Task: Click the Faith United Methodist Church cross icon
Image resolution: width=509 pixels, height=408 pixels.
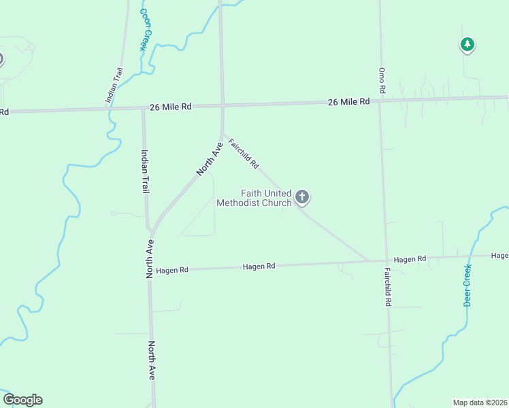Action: coord(303,197)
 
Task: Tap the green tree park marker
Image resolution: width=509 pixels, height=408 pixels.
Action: coord(467,45)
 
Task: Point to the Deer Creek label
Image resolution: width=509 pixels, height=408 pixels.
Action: coord(468,285)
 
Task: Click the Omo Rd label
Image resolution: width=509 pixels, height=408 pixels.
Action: coord(382,80)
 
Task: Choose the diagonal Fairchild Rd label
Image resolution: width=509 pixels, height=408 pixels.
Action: coord(244,154)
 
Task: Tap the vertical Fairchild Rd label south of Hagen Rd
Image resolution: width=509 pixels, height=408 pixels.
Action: coord(387,286)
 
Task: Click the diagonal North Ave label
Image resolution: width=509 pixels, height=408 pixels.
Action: coord(210,159)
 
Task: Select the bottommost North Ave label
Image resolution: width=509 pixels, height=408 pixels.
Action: coord(152,360)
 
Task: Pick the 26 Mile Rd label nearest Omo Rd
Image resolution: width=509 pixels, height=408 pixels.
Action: coord(348,101)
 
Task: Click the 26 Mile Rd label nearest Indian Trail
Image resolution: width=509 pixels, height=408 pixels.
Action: coord(171,107)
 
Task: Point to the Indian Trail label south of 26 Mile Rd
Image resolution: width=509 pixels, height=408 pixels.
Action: coord(144,171)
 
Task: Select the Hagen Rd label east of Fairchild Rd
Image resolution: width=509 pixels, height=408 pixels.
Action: coord(410,259)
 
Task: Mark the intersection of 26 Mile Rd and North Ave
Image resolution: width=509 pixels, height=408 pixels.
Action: coord(223,105)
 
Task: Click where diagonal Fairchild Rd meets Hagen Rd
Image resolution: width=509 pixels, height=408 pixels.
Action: coord(368,260)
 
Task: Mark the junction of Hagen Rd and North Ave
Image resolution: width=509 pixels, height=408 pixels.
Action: coord(150,271)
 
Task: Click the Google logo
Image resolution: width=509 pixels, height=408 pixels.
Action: coord(22,400)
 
